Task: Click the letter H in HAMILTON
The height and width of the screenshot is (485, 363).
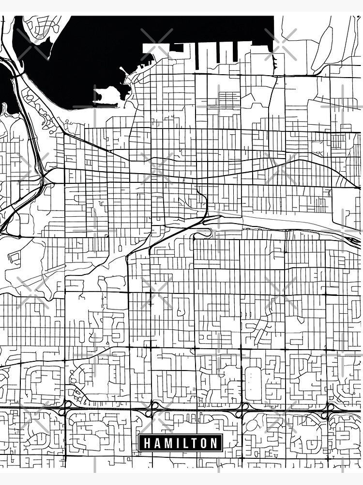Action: (146, 443)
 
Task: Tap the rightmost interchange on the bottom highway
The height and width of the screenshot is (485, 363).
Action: (329, 410)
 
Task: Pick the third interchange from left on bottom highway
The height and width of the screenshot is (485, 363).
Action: (242, 410)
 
